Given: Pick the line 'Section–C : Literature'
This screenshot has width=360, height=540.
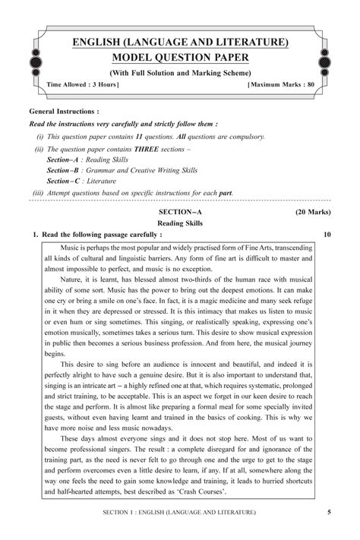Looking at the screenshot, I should (84, 182).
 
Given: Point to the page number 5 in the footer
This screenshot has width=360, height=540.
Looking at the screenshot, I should (328, 513).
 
